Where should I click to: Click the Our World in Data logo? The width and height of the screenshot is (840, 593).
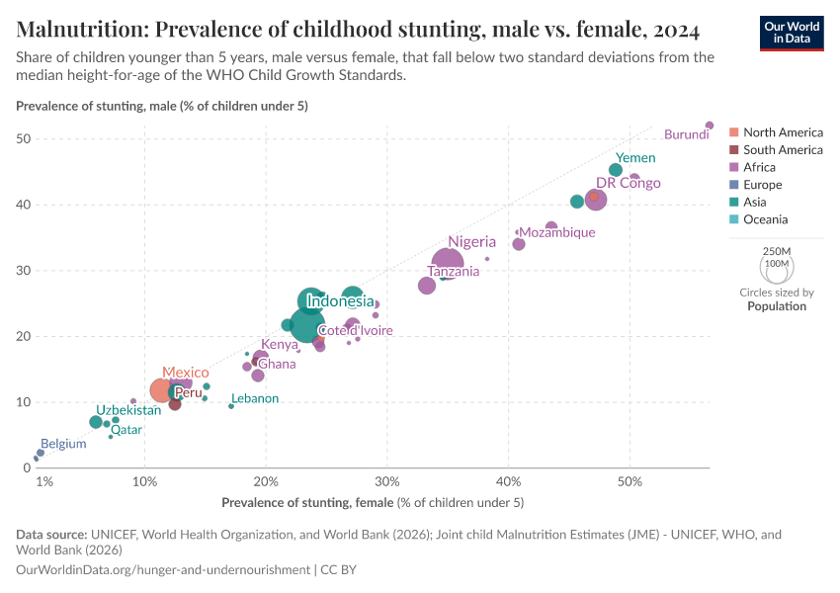pos(792,33)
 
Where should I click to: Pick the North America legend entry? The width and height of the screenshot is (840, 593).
pos(783,132)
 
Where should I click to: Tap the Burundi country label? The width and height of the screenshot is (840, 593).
pos(686,134)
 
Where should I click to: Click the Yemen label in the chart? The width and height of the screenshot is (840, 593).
pos(635,158)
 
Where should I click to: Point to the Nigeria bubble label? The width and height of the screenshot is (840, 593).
pos(471,241)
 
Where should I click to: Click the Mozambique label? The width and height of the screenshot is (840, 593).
pos(557,232)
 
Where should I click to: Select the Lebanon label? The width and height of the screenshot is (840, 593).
pos(255,398)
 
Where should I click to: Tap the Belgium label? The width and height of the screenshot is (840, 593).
pos(63,444)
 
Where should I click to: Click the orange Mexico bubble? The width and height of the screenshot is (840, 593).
pos(163,390)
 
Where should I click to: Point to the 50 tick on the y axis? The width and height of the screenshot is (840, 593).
pos(29,139)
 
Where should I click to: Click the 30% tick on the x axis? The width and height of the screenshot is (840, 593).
pos(387,481)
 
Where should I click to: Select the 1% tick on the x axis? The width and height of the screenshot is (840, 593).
pos(43,481)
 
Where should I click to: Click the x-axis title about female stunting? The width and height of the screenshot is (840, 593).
pos(373,503)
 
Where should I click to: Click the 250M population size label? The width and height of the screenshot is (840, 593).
pos(776,252)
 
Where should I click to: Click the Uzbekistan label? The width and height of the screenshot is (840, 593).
pos(128,410)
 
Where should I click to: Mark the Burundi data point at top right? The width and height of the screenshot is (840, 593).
pos(710,126)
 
